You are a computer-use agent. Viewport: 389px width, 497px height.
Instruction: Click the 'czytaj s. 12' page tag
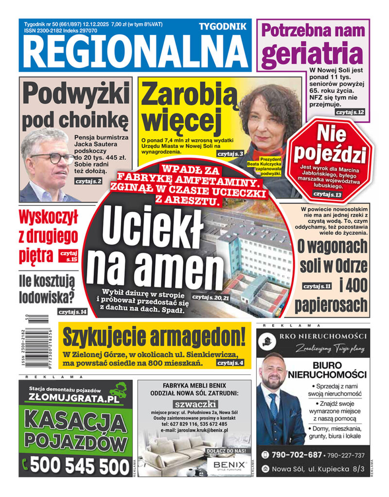pos(350,112)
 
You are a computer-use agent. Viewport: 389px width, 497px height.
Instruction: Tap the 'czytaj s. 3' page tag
pos(231,153)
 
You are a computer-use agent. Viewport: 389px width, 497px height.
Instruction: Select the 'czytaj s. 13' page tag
pos(328,194)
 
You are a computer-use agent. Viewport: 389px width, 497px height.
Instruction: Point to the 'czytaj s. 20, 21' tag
pos(211,297)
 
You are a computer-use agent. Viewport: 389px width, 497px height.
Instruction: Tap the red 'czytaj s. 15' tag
pos(68,256)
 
